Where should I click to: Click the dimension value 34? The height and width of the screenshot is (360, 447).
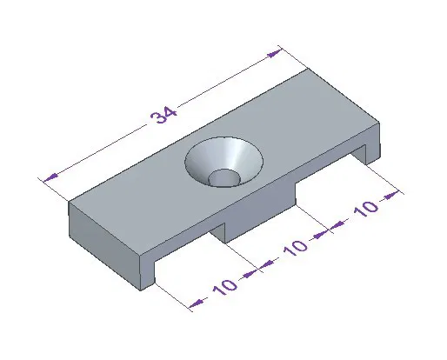(162, 116)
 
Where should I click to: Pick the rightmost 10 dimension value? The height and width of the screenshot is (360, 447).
(364, 209)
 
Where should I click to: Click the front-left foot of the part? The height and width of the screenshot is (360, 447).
(148, 269)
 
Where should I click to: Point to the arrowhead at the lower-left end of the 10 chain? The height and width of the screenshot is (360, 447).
(196, 302)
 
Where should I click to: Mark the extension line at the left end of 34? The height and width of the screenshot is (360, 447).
(54, 190)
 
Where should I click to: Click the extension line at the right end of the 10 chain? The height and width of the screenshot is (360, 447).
(383, 178)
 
